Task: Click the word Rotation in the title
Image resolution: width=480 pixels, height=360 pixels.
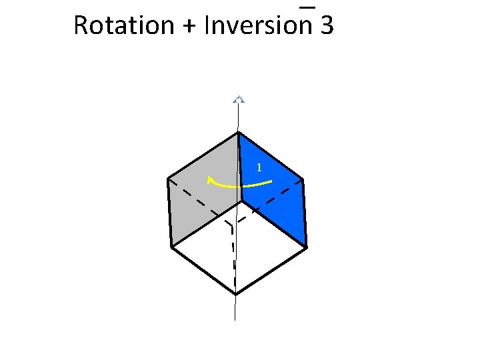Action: (x=115, y=25)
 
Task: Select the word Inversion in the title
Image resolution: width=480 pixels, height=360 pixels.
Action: (x=259, y=25)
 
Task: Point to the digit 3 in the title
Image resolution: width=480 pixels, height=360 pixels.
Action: (x=327, y=25)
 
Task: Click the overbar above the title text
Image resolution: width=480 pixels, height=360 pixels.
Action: (x=307, y=7)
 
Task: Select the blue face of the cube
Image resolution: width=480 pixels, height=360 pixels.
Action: (x=273, y=193)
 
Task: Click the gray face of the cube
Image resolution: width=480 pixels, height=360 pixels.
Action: (x=203, y=193)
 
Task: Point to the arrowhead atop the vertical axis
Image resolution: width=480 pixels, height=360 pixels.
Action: (x=238, y=99)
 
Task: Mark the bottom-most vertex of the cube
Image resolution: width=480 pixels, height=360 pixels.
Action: (x=235, y=294)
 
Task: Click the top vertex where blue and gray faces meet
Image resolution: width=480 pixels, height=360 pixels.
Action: (x=238, y=132)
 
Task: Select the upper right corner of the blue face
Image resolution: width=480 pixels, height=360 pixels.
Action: (x=303, y=179)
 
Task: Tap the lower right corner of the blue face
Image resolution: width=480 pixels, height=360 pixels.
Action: (x=307, y=247)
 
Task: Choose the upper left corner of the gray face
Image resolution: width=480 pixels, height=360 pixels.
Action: (x=167, y=179)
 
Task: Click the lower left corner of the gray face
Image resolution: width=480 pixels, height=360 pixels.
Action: (x=171, y=247)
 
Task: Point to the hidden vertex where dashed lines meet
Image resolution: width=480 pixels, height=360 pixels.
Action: (x=232, y=225)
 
